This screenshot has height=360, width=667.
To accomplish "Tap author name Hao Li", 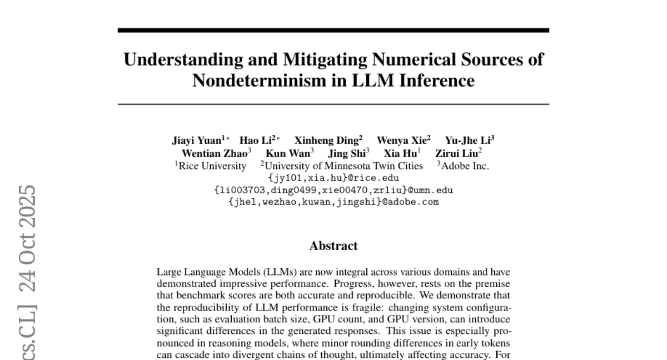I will (x=253, y=141).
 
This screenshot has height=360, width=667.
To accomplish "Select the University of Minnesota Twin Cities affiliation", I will (x=343, y=166).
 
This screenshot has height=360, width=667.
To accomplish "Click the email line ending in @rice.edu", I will (x=333, y=178).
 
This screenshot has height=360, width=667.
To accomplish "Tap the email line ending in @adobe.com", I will (x=333, y=202).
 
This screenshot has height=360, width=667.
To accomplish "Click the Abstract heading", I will (x=333, y=245).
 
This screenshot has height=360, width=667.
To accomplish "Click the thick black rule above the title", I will (x=333, y=30).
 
